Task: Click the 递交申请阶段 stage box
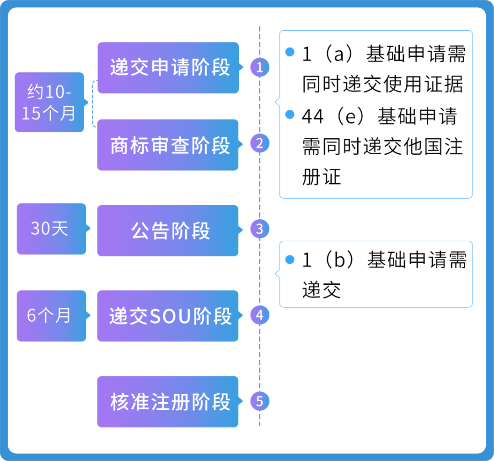168,68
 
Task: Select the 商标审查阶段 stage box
168,145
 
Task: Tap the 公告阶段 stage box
168,230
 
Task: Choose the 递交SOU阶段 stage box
168,316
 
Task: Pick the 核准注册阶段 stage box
168,401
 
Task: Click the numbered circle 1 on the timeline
260,68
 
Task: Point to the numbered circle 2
260,144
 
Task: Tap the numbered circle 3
260,229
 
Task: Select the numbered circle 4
260,315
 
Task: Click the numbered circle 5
260,401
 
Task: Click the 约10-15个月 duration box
49,102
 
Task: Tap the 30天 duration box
51,228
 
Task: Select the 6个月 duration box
51,315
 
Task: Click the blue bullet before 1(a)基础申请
290,52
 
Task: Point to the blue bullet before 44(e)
290,114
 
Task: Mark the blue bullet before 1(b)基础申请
290,260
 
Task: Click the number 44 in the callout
313,116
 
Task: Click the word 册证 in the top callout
322,177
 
